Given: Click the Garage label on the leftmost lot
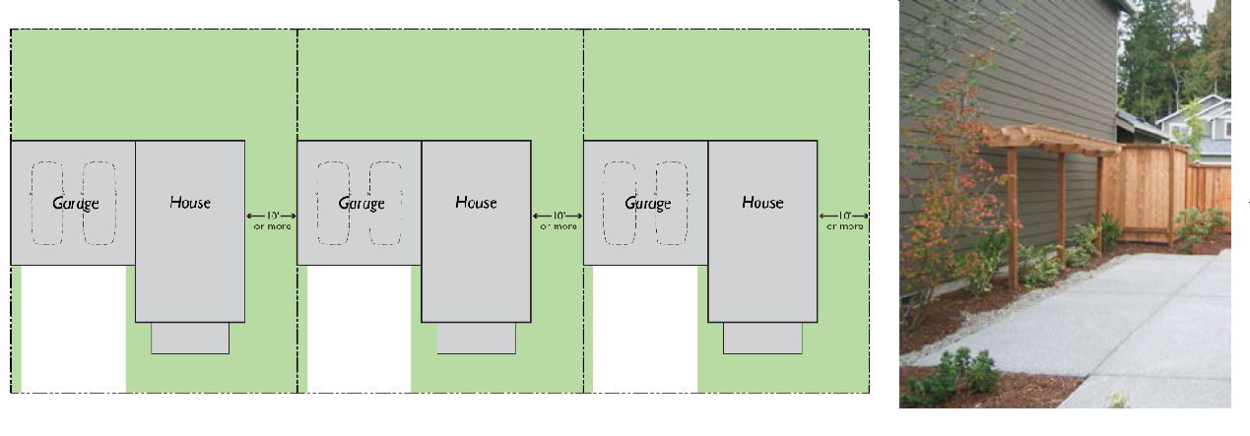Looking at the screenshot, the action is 76,204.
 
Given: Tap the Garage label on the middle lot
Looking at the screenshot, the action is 362,204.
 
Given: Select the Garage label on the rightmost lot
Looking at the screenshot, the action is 648,204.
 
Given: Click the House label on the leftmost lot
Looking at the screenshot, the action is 190,203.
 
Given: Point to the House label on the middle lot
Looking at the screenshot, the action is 476,203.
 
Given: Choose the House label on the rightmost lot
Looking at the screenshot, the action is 762,203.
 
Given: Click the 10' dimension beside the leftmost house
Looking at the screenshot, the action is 272,216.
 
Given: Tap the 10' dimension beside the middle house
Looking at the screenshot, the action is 559,216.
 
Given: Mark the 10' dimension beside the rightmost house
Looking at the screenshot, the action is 844,216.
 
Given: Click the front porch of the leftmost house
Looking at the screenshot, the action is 190,338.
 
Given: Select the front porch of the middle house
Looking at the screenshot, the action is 477,338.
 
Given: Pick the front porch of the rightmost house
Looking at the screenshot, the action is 762,338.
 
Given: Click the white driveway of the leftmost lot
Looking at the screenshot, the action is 73,329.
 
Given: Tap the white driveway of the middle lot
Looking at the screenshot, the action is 359,329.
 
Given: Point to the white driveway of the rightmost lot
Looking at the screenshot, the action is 645,329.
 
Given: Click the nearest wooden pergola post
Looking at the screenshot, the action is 1013,218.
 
